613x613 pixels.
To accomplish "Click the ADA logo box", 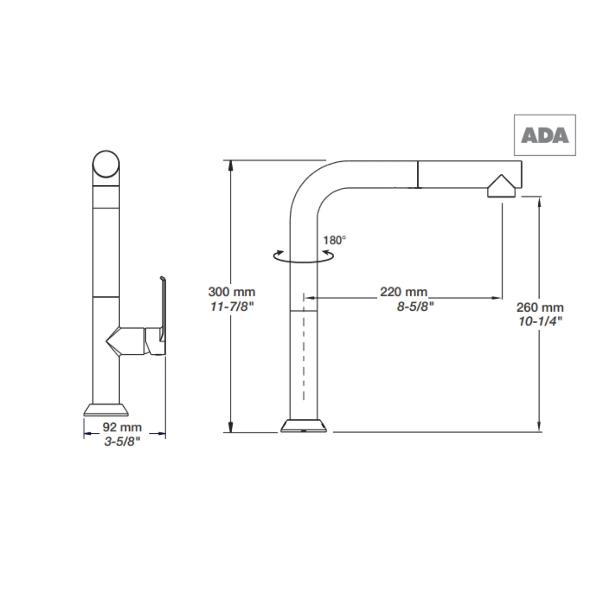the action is coord(545,135).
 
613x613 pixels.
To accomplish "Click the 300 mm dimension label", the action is coord(232,292).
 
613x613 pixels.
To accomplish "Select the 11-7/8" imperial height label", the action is coord(232,306).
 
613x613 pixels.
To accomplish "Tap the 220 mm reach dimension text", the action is coord(403,292).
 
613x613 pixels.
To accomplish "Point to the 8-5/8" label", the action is coord(415,306).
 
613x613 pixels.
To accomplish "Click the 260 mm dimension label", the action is coord(540,307).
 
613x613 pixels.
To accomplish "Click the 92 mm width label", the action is coord(122,427).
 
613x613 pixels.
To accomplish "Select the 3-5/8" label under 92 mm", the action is coord(122,441).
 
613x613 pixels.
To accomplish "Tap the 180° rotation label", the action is coord(334,241).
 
